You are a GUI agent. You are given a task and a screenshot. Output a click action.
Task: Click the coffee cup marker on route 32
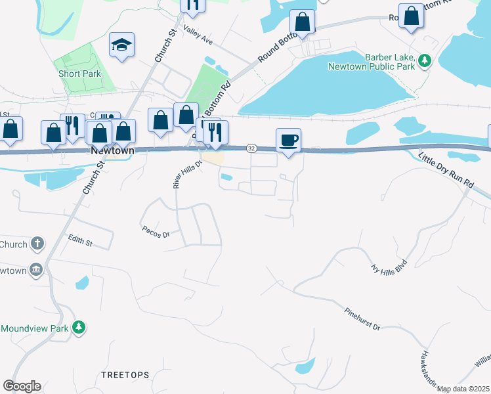click(x=289, y=140)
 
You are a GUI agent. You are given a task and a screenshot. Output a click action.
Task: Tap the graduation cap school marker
click(x=121, y=45)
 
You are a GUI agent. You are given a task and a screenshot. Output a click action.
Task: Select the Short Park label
click(x=79, y=74)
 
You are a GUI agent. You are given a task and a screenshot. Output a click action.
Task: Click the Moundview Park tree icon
click(x=79, y=327)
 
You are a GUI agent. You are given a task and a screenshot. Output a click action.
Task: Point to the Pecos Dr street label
click(x=156, y=232)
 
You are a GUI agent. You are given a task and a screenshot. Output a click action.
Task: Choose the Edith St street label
click(x=79, y=241)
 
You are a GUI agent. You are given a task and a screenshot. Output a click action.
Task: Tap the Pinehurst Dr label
click(x=362, y=318)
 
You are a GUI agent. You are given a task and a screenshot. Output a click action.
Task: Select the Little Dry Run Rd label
click(x=446, y=173)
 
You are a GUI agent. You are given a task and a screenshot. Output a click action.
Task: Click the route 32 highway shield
click(x=251, y=148)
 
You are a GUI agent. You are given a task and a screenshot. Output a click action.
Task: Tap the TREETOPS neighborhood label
click(x=125, y=374)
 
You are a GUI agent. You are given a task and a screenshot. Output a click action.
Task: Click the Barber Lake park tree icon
click(x=425, y=60)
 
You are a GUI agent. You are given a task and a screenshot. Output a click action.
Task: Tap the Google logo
click(x=22, y=386)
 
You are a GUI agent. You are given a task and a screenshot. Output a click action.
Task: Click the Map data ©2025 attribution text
click(x=463, y=389)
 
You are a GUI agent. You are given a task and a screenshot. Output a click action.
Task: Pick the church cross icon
click(x=37, y=244)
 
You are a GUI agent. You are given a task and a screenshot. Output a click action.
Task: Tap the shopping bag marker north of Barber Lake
click(x=303, y=20)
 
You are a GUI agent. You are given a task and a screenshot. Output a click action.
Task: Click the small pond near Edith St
click(x=82, y=283)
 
